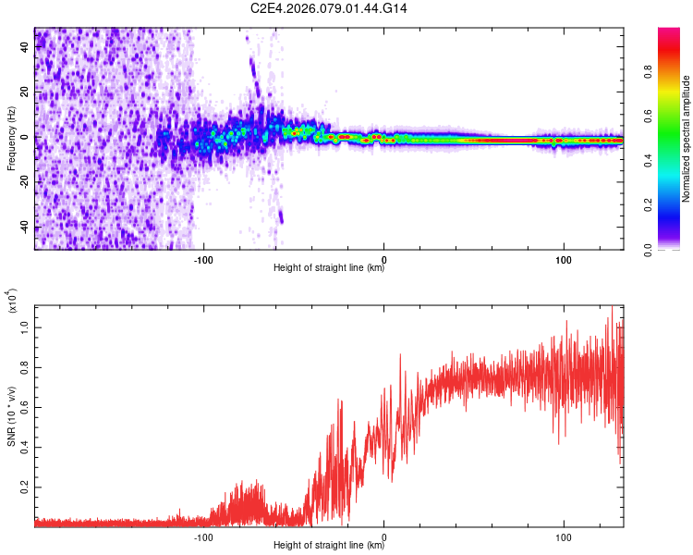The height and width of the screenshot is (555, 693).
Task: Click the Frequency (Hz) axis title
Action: tap(11, 139)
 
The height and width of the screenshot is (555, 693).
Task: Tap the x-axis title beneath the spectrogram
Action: tap(329, 268)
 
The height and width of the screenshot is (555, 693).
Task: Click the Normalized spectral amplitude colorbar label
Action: tap(687, 139)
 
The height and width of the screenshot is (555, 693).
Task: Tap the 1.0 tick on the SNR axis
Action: tap(25, 327)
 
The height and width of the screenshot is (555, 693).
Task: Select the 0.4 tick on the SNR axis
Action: tap(25, 447)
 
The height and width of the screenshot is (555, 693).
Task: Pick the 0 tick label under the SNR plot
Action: tap(383, 536)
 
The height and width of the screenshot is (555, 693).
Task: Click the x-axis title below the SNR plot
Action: tap(329, 546)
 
